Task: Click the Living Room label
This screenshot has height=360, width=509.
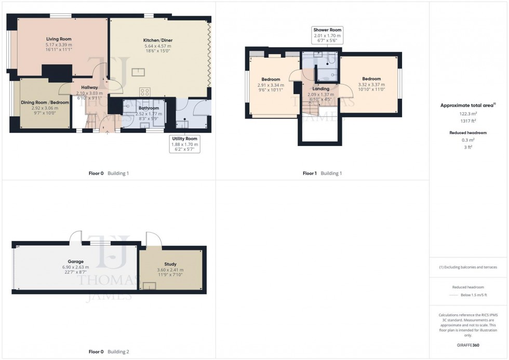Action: pyautogui.click(x=58, y=39)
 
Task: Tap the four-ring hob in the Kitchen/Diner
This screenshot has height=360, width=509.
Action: pyautogui.click(x=145, y=92)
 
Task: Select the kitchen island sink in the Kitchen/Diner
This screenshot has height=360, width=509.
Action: pyautogui.click(x=138, y=72)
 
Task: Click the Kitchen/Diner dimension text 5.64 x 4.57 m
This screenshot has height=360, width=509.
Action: pyautogui.click(x=157, y=46)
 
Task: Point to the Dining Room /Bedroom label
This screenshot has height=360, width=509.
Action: pyautogui.click(x=45, y=102)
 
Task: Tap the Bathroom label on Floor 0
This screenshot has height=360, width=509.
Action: pyautogui.click(x=149, y=108)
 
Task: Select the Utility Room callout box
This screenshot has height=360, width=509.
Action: pyautogui.click(x=185, y=144)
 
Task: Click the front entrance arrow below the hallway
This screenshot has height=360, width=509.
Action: pyautogui.click(x=108, y=134)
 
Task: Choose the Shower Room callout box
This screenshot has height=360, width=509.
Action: pyautogui.click(x=327, y=35)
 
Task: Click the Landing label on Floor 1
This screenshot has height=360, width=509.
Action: pyautogui.click(x=320, y=89)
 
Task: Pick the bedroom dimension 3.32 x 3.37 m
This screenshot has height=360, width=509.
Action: pyautogui.click(x=371, y=85)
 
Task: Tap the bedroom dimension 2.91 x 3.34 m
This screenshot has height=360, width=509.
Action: pyautogui.click(x=271, y=85)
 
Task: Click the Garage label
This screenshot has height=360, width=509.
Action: pyautogui.click(x=75, y=261)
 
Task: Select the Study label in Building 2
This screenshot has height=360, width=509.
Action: pyautogui.click(x=170, y=264)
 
